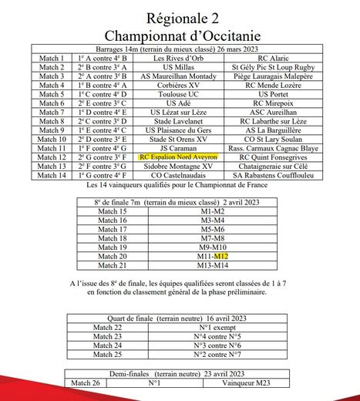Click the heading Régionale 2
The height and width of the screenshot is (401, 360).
(180, 17)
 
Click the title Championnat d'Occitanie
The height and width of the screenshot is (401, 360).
(180, 35)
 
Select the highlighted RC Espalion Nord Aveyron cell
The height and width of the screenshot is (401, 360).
(179, 156)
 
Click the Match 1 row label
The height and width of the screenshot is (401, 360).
(52, 59)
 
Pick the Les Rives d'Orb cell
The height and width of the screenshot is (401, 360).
(179, 59)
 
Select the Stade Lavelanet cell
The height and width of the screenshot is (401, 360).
(179, 121)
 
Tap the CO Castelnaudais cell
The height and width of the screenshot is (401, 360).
(179, 174)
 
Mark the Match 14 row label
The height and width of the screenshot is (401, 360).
(52, 174)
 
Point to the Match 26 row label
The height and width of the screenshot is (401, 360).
(84, 382)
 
